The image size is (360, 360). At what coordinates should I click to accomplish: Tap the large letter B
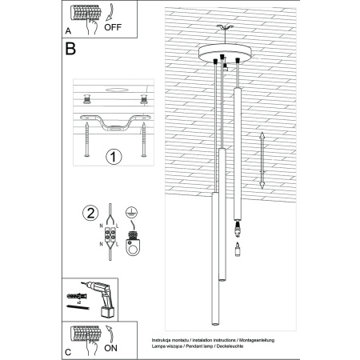70,50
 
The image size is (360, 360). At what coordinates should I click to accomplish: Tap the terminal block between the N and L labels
110,238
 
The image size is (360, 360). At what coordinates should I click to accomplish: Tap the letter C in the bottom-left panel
68,351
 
